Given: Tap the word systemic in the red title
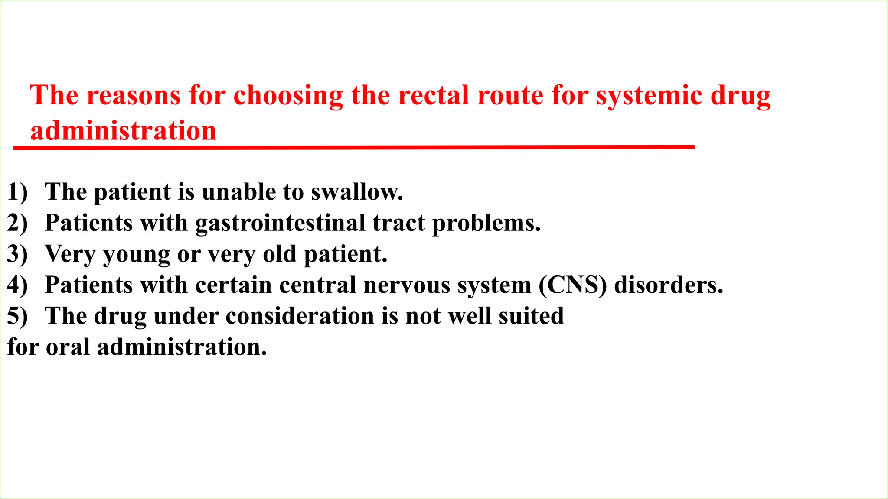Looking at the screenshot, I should (649, 96).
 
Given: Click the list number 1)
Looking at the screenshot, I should (17, 192).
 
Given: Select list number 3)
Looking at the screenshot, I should (17, 254).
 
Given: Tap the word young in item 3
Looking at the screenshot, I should (137, 255).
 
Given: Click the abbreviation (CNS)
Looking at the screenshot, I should (572, 285).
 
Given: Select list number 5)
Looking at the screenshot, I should (17, 316).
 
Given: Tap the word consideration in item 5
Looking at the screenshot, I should (300, 316).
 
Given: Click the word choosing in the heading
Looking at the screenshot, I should (288, 96).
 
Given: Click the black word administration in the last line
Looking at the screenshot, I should (182, 347).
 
